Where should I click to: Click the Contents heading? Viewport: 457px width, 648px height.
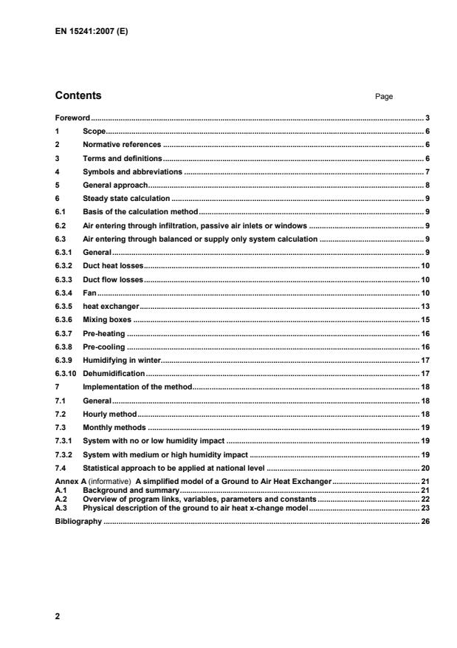[x=78, y=96]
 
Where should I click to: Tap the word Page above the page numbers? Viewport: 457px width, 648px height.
[x=383, y=97]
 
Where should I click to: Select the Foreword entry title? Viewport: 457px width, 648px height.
[x=72, y=118]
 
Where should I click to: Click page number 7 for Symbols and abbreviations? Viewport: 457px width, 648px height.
[x=428, y=171]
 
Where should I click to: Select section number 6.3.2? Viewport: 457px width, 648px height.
[x=65, y=265]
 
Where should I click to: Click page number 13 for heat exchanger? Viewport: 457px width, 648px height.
[x=426, y=305]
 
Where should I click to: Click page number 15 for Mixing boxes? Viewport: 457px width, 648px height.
[x=426, y=318]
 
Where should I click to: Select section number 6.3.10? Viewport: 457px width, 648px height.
[x=66, y=373]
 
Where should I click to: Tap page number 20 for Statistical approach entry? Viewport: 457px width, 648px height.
[x=426, y=468]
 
